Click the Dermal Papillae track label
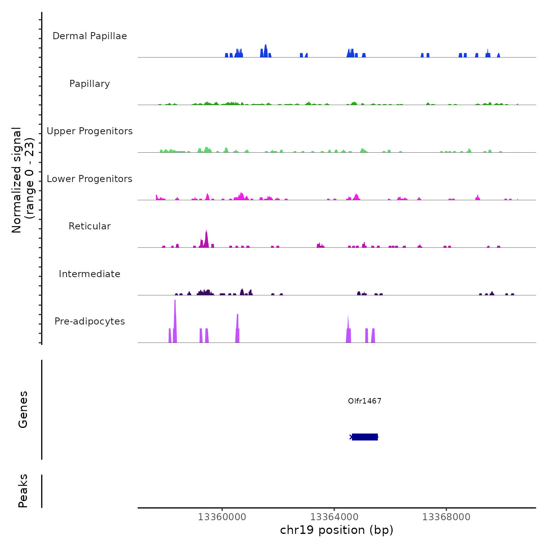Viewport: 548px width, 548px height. pyautogui.click(x=90, y=36)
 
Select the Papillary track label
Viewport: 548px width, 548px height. pyautogui.click(x=90, y=84)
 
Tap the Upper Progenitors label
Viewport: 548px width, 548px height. pyautogui.click(x=90, y=131)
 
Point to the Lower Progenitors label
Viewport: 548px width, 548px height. pyautogui.click(x=90, y=179)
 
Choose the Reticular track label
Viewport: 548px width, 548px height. pyautogui.click(x=90, y=226)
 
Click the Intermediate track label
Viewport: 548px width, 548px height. pyautogui.click(x=90, y=274)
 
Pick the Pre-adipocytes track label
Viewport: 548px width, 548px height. pyautogui.click(x=90, y=321)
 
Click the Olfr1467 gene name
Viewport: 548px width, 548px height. pyautogui.click(x=364, y=401)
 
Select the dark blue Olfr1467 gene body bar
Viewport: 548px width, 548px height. pyautogui.click(x=365, y=437)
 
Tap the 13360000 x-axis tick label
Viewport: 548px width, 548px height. pyautogui.click(x=222, y=517)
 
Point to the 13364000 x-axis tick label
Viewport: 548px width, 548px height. pyautogui.click(x=334, y=517)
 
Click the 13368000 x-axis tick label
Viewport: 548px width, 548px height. pyautogui.click(x=446, y=517)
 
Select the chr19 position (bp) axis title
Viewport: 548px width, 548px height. pyautogui.click(x=337, y=530)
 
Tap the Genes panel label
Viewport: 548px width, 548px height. pyautogui.click(x=23, y=409)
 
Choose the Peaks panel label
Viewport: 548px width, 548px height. pyautogui.click(x=23, y=491)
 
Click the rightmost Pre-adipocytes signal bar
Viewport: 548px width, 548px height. pyautogui.click(x=373, y=336)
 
